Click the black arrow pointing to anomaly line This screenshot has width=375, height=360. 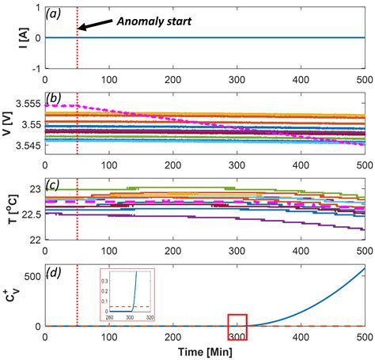(x=96, y=25)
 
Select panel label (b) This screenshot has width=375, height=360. (x=57, y=98)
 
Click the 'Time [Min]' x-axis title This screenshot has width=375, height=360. (x=206, y=349)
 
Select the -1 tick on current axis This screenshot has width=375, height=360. (x=36, y=69)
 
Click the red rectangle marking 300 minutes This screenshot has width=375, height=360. (x=237, y=327)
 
